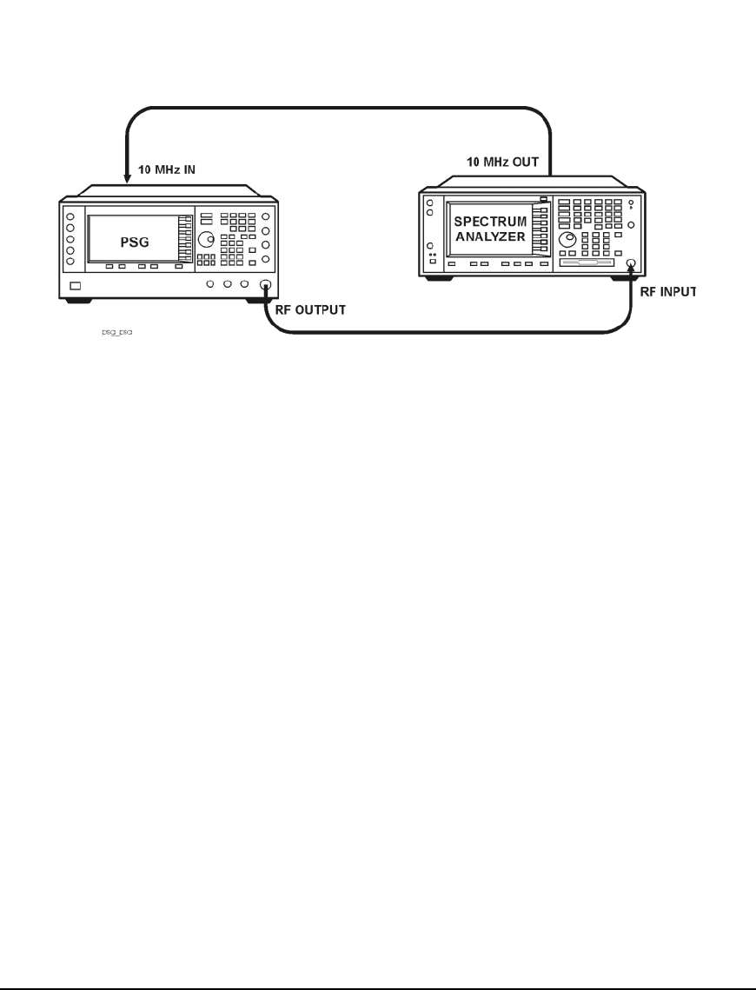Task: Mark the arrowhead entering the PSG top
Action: click(x=128, y=180)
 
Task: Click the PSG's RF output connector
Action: click(x=265, y=285)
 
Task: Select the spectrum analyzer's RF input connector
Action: click(x=631, y=263)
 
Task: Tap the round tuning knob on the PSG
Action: click(x=205, y=239)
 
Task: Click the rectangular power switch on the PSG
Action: click(x=76, y=285)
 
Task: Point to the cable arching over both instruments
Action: click(x=339, y=108)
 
